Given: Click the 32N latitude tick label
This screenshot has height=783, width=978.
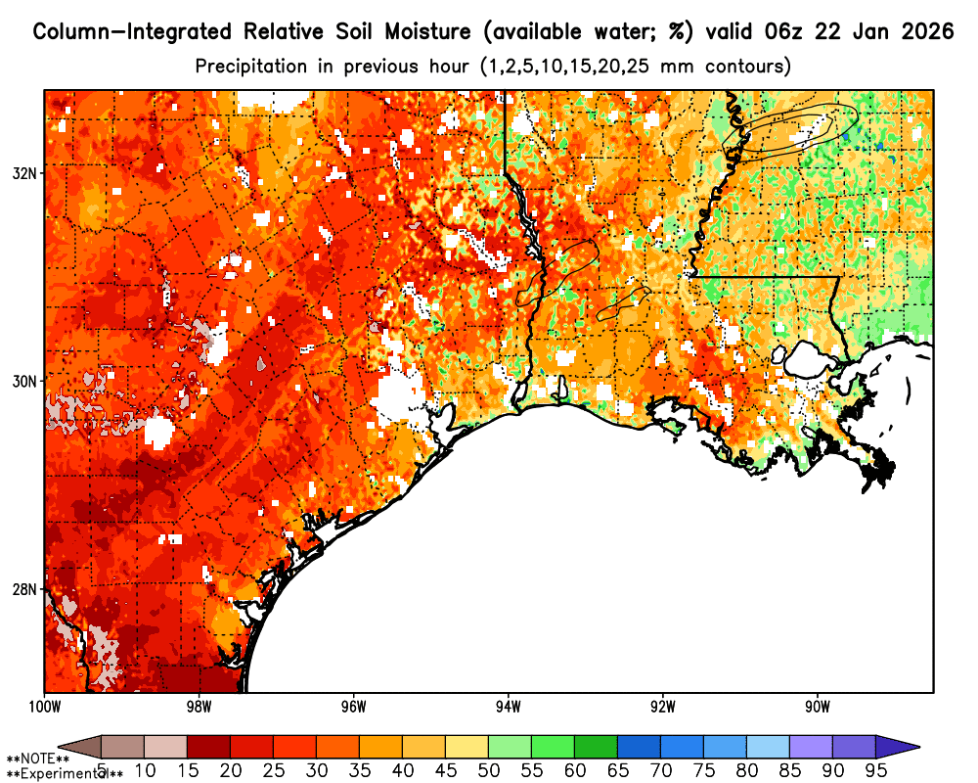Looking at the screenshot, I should tap(23, 172).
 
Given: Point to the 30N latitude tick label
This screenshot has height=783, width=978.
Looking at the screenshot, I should tap(23, 381).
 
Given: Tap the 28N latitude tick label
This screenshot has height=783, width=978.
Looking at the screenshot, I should tap(23, 589).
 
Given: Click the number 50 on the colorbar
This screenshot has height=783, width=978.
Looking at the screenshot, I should tap(488, 770).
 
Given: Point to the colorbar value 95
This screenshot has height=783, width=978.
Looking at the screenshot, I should tap(875, 770).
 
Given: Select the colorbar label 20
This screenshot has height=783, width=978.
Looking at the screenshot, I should tap(230, 770).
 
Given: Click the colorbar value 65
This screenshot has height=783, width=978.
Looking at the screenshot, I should tap(617, 770).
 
